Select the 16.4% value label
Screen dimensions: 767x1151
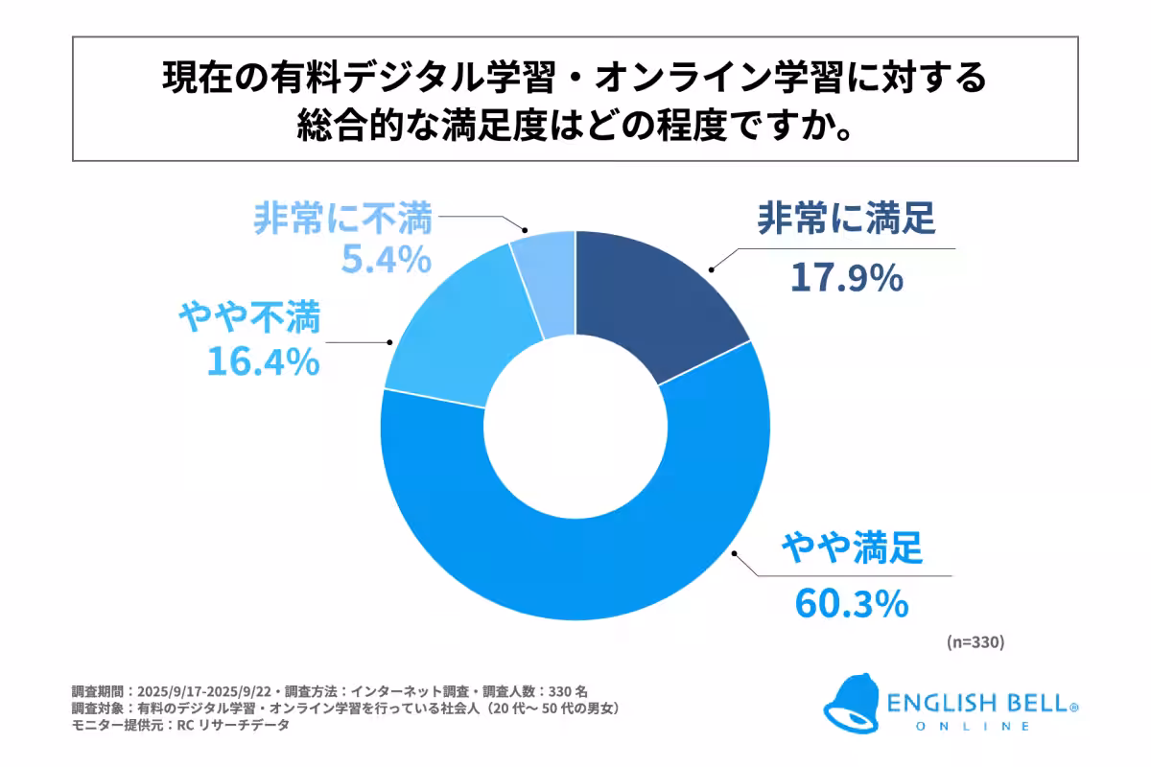click(x=262, y=361)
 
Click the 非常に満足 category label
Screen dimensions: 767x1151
click(x=845, y=221)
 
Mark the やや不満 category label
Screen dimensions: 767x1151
click(x=249, y=317)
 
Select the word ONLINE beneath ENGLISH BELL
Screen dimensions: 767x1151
click(x=978, y=727)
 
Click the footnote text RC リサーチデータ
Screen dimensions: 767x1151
click(x=227, y=726)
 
